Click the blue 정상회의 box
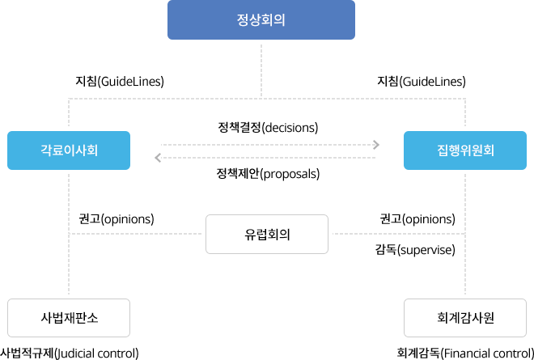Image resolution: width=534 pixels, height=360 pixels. (261, 20)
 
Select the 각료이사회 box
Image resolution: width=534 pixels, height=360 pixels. (68, 150)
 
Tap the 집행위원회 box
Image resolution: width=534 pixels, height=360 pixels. (464, 150)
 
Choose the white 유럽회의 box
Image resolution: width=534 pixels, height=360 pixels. (267, 235)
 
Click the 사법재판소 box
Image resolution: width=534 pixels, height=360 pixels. (68, 317)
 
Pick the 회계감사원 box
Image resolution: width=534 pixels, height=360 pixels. (464, 317)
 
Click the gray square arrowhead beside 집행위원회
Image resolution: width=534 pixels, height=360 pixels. (375, 144)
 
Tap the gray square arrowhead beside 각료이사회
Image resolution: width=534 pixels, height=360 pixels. (157, 157)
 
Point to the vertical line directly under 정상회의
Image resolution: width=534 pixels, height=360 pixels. (261, 69)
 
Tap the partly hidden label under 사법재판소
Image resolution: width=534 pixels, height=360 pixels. (70, 354)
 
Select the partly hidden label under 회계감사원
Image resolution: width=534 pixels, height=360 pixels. (464, 354)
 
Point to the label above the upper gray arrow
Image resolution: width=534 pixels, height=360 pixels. (268, 127)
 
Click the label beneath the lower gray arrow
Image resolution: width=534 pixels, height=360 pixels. (268, 174)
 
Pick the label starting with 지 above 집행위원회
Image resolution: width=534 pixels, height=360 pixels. (422, 81)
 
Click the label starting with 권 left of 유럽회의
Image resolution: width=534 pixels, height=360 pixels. (114, 218)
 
